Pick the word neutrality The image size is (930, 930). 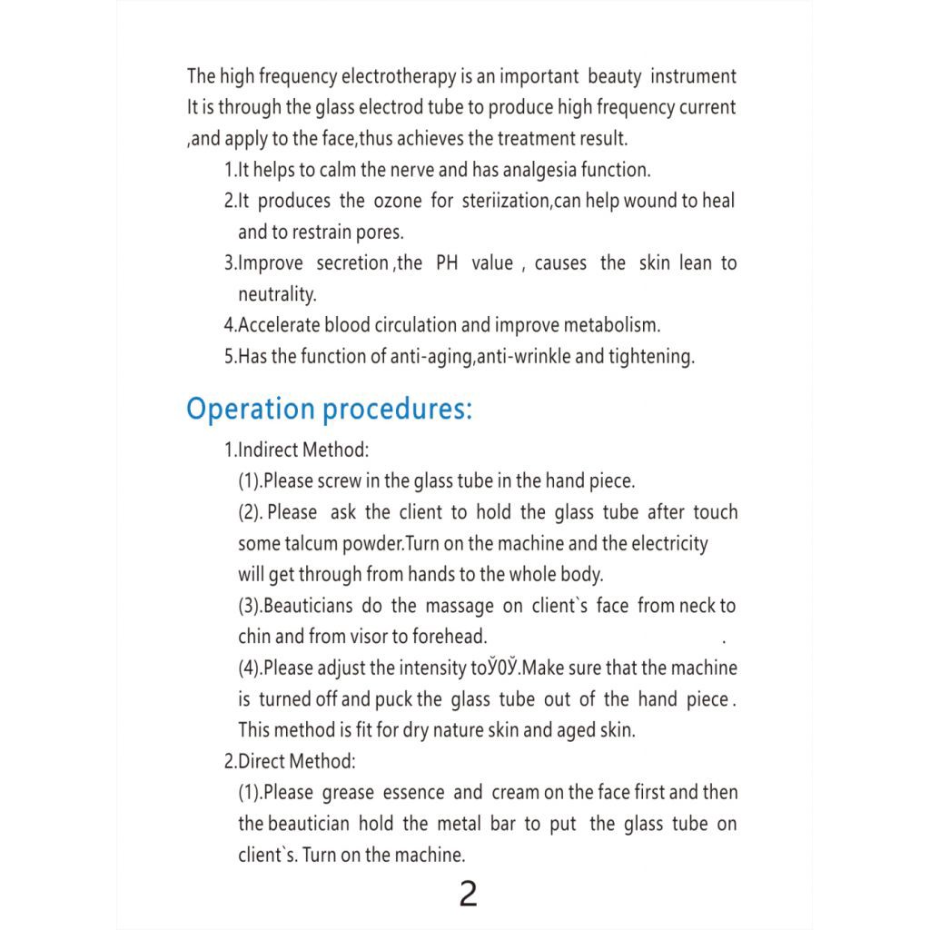point(277,294)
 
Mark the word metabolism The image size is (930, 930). point(612,325)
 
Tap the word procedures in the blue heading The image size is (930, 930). point(398,409)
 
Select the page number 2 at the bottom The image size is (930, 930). point(468,895)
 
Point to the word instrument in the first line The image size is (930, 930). point(693,76)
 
